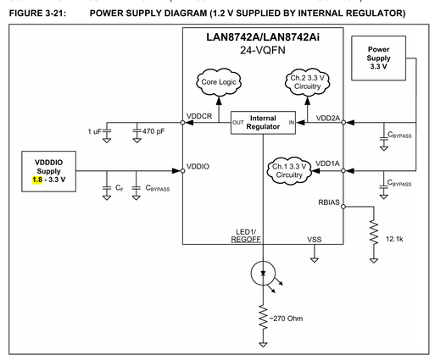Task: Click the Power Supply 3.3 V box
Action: (x=378, y=58)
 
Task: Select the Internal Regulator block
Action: (x=263, y=123)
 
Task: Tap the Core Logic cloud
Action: (x=219, y=82)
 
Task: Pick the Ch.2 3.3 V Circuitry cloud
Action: (x=307, y=82)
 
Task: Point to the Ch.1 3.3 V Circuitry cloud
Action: (x=289, y=171)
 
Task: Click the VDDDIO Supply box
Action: (x=49, y=171)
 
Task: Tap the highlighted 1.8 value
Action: (x=37, y=180)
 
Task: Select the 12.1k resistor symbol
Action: (x=374, y=233)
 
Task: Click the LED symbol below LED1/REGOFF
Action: (x=263, y=274)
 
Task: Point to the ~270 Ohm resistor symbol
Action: (x=263, y=318)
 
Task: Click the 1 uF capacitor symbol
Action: (x=107, y=131)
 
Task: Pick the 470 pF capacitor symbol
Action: (x=137, y=131)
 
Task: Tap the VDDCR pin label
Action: (x=199, y=116)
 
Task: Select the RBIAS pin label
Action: (x=329, y=202)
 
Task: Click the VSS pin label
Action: (x=315, y=240)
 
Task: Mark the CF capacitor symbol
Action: (x=107, y=188)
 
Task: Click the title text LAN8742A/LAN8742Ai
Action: (x=263, y=37)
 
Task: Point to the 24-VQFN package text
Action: (x=263, y=50)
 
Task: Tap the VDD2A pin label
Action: (x=328, y=118)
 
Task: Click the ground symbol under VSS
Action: (x=315, y=260)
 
